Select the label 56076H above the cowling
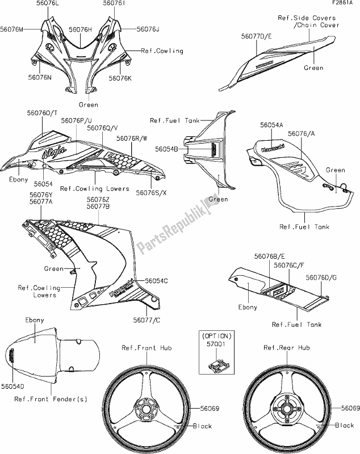pos(81,28)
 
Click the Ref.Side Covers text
pos(308,18)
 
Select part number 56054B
pos(168,149)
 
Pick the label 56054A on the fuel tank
pos(272,124)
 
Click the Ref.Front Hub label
pos(146,347)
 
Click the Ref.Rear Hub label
pos(287,347)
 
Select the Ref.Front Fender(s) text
pos(51,400)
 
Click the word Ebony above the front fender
pos(35,320)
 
